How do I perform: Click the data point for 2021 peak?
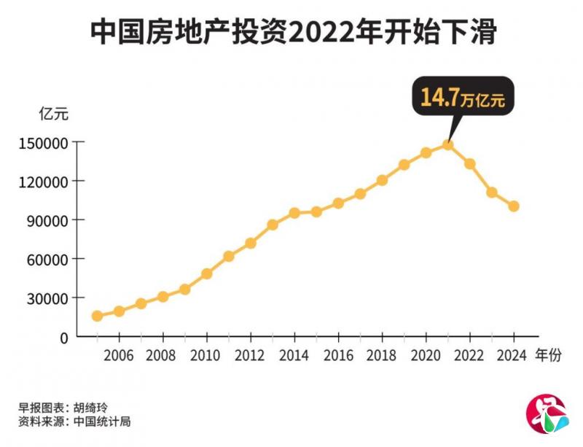(448, 144)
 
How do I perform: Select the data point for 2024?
(514, 206)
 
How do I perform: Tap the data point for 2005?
(97, 316)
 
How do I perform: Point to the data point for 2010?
(206, 274)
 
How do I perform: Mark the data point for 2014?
(294, 213)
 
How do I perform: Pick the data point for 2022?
(470, 164)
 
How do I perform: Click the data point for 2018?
(382, 179)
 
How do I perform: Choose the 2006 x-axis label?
(119, 356)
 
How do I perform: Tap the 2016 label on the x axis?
(338, 356)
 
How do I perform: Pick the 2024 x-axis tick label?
(514, 356)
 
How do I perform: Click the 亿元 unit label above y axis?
(52, 114)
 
